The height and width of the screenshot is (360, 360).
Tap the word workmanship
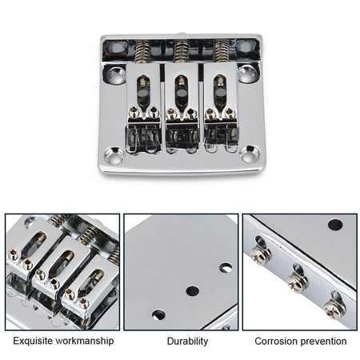[84, 341]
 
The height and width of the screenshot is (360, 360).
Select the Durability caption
[187, 341]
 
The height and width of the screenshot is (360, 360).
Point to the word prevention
[319, 342]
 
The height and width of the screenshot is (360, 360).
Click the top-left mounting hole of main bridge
[114, 73]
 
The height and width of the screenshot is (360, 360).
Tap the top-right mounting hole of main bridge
[247, 73]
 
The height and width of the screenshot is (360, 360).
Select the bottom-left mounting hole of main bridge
[114, 154]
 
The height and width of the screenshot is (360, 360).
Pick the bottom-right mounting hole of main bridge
[250, 154]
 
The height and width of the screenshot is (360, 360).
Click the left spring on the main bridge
[142, 52]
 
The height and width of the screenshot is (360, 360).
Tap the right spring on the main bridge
[222, 51]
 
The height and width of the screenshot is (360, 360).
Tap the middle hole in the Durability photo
[192, 291]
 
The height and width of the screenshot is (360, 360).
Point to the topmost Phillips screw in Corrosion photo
[260, 254]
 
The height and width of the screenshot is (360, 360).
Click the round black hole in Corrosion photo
[335, 225]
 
